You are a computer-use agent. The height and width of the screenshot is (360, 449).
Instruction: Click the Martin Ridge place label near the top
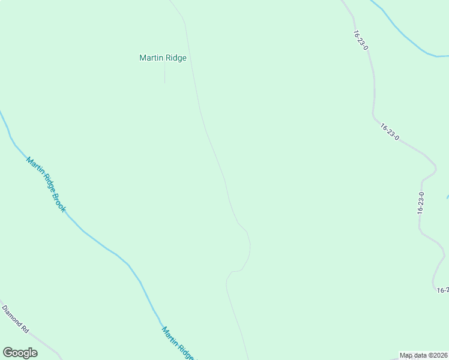point(163,58)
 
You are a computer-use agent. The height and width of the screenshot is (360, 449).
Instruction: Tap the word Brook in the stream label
point(58,202)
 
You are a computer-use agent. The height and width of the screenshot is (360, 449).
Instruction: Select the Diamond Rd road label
point(16,320)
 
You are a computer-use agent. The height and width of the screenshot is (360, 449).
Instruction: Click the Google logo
point(20,353)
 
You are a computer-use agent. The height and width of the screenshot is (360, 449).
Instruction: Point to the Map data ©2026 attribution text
point(424,356)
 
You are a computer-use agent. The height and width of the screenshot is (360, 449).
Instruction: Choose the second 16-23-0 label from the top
point(390,131)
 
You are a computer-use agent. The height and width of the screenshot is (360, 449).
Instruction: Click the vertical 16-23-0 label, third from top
point(421,203)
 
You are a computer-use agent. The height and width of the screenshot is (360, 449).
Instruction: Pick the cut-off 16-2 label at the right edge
point(443,290)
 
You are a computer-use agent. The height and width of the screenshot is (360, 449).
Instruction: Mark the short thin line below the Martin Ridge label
point(164,74)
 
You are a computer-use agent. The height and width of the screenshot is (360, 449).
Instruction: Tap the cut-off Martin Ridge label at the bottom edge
point(178,343)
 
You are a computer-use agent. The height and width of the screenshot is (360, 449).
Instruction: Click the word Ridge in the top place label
point(175,58)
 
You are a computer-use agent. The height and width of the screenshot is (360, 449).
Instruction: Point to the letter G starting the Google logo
point(8,353)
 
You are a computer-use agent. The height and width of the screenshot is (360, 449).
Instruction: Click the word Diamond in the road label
point(11,315)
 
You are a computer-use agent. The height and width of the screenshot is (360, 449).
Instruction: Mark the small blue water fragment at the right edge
point(447,196)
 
